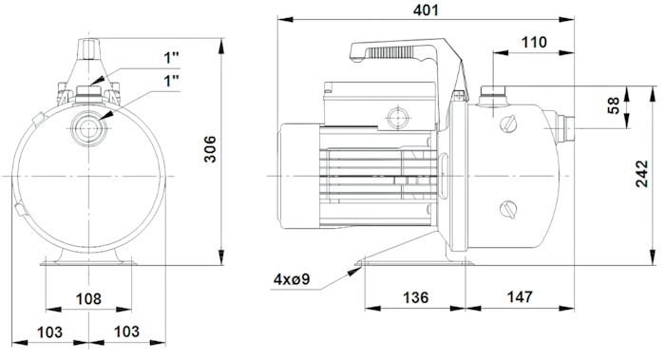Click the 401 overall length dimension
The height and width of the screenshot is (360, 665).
426,10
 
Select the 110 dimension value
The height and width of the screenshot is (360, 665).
534,43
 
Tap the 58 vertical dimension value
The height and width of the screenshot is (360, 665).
614,105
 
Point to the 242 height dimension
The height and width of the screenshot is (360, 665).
641,174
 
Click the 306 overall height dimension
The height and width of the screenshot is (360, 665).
210,149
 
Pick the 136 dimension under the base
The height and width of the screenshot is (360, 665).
415,297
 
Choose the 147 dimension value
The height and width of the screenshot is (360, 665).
520,297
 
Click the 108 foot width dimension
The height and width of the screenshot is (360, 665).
88,299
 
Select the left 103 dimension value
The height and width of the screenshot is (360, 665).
49,332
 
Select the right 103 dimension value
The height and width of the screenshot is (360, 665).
126,332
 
